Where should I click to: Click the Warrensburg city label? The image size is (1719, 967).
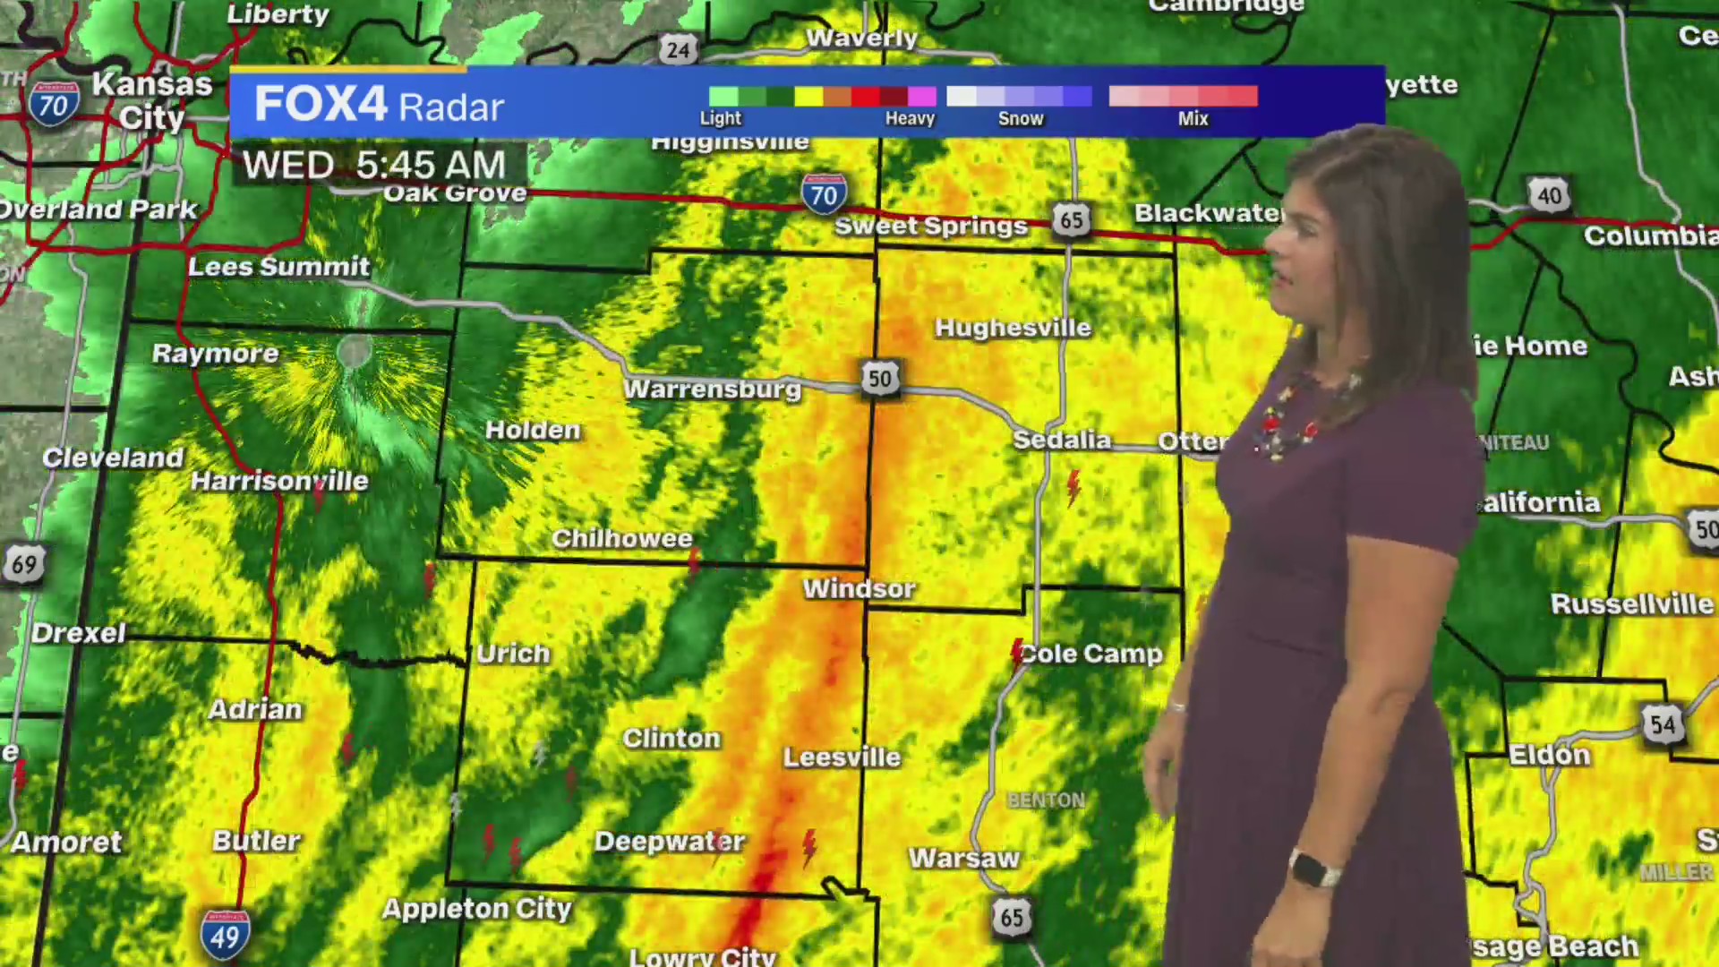tap(713, 389)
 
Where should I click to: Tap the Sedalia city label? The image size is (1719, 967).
tap(1062, 440)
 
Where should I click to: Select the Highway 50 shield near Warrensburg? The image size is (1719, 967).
tap(879, 379)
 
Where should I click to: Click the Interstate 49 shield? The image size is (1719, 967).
tap(225, 936)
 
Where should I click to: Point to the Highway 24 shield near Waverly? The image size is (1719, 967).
tap(678, 49)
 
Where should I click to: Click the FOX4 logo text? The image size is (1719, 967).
tap(321, 104)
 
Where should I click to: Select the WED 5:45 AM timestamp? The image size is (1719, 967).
tap(374, 166)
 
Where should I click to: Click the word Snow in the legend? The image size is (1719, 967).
tap(1021, 118)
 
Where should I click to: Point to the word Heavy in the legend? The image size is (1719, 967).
tap(910, 118)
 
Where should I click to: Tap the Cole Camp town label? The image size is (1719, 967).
tap(1091, 654)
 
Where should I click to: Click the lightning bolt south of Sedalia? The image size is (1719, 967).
tap(1073, 488)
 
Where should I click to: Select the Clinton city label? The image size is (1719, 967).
tap(671, 739)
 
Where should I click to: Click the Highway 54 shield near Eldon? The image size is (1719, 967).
tap(1663, 723)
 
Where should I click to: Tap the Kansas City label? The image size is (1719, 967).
tap(152, 100)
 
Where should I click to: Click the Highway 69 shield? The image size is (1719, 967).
tap(23, 565)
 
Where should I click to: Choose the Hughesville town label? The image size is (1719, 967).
tap(1013, 328)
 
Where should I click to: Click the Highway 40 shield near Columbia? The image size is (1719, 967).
tap(1550, 195)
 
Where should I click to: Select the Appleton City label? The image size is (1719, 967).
tap(476, 909)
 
